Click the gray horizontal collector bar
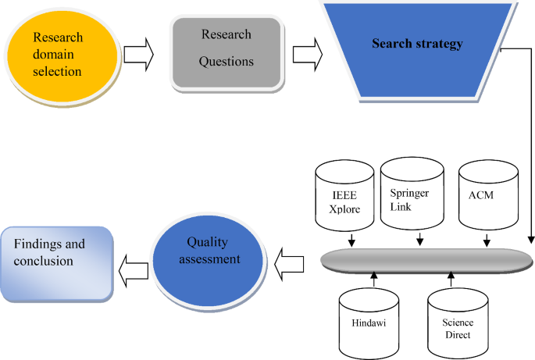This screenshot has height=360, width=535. pos(426,259)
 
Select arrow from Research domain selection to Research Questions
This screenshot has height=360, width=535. pos(139,54)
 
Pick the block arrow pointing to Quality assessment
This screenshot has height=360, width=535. pos(293,259)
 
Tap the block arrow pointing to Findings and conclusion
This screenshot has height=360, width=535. pos(133,269)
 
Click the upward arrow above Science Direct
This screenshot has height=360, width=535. pos(451,280)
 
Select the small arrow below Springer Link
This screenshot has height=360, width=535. pos(421,237)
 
